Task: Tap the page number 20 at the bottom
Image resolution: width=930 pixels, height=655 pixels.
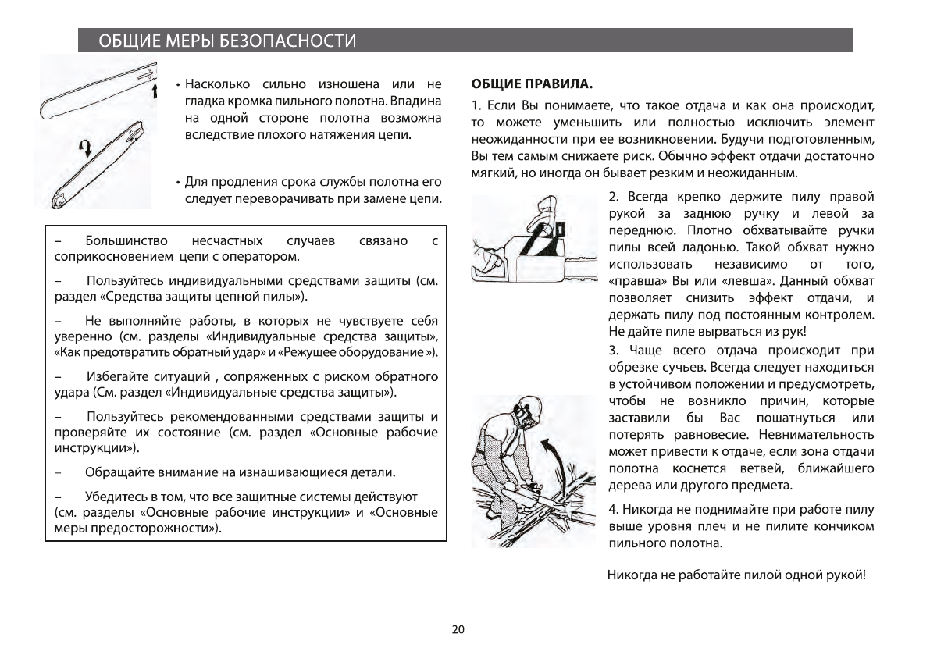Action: [458, 630]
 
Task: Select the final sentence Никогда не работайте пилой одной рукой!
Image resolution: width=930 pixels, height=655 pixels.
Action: [736, 576]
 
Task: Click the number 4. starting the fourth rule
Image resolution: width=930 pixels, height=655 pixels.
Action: [614, 509]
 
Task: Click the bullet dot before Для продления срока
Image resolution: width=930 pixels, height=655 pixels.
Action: [179, 183]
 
